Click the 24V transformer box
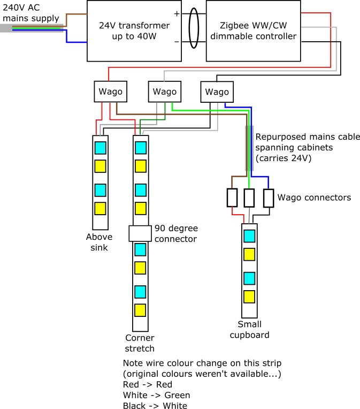pyautogui.click(x=134, y=31)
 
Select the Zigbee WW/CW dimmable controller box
pyautogui.click(x=253, y=31)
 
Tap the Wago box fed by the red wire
pyautogui.click(x=111, y=92)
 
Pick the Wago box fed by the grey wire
pyautogui.click(x=165, y=92)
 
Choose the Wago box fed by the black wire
pyautogui.click(x=217, y=92)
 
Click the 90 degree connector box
pyautogui.click(x=140, y=233)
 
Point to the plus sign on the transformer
pyautogui.click(x=177, y=13)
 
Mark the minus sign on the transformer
pyautogui.click(x=177, y=42)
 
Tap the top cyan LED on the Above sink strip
pyautogui.click(x=101, y=148)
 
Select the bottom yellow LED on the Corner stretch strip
pyautogui.click(x=140, y=310)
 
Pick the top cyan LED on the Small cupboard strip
pyautogui.click(x=249, y=236)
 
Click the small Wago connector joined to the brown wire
pyautogui.click(x=232, y=198)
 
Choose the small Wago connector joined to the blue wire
pyautogui.click(x=269, y=198)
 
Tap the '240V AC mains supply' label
pyautogui.click(x=31, y=13)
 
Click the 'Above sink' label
pyautogui.click(x=99, y=242)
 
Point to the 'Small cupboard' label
pyautogui.click(x=249, y=329)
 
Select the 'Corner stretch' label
pyautogui.click(x=140, y=343)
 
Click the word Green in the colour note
pyautogui.click(x=177, y=395)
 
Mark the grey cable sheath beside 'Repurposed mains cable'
pyautogui.click(x=249, y=148)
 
